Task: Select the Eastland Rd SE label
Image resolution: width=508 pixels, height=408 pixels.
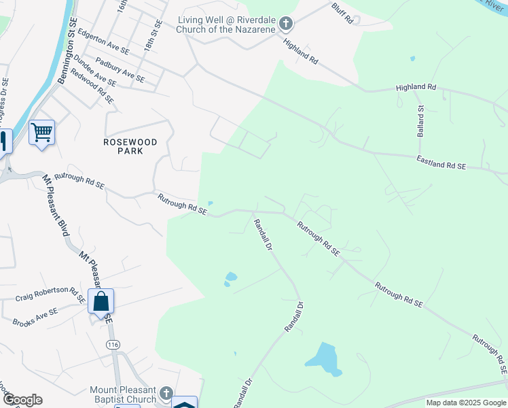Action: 441,162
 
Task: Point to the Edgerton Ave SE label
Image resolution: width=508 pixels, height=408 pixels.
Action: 103,41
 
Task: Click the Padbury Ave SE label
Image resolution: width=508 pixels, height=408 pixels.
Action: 120,70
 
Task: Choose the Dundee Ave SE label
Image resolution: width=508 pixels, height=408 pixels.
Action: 94,71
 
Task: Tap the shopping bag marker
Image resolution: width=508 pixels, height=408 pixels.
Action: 101,301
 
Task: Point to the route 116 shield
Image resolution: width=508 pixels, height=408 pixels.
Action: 113,345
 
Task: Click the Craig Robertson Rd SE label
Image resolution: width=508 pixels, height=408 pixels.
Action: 51,294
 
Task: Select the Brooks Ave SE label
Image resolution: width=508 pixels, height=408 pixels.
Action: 35,317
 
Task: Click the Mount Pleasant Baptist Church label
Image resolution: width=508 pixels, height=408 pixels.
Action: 123,394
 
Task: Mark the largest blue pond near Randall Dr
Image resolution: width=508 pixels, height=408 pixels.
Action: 323,358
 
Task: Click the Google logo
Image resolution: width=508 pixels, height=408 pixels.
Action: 22,400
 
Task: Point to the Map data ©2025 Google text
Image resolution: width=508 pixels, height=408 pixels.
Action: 465,403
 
